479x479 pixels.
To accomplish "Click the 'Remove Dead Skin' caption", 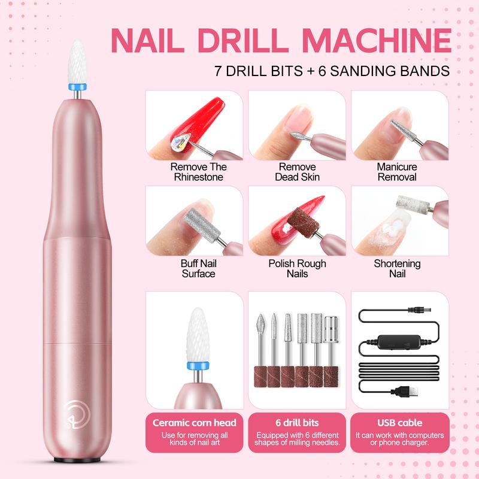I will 297,172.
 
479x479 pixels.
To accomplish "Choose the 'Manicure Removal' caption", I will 397,172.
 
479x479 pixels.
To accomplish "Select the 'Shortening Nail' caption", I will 397,268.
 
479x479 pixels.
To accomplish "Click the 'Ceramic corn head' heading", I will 195,423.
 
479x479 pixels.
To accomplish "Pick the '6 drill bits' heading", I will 297,423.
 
